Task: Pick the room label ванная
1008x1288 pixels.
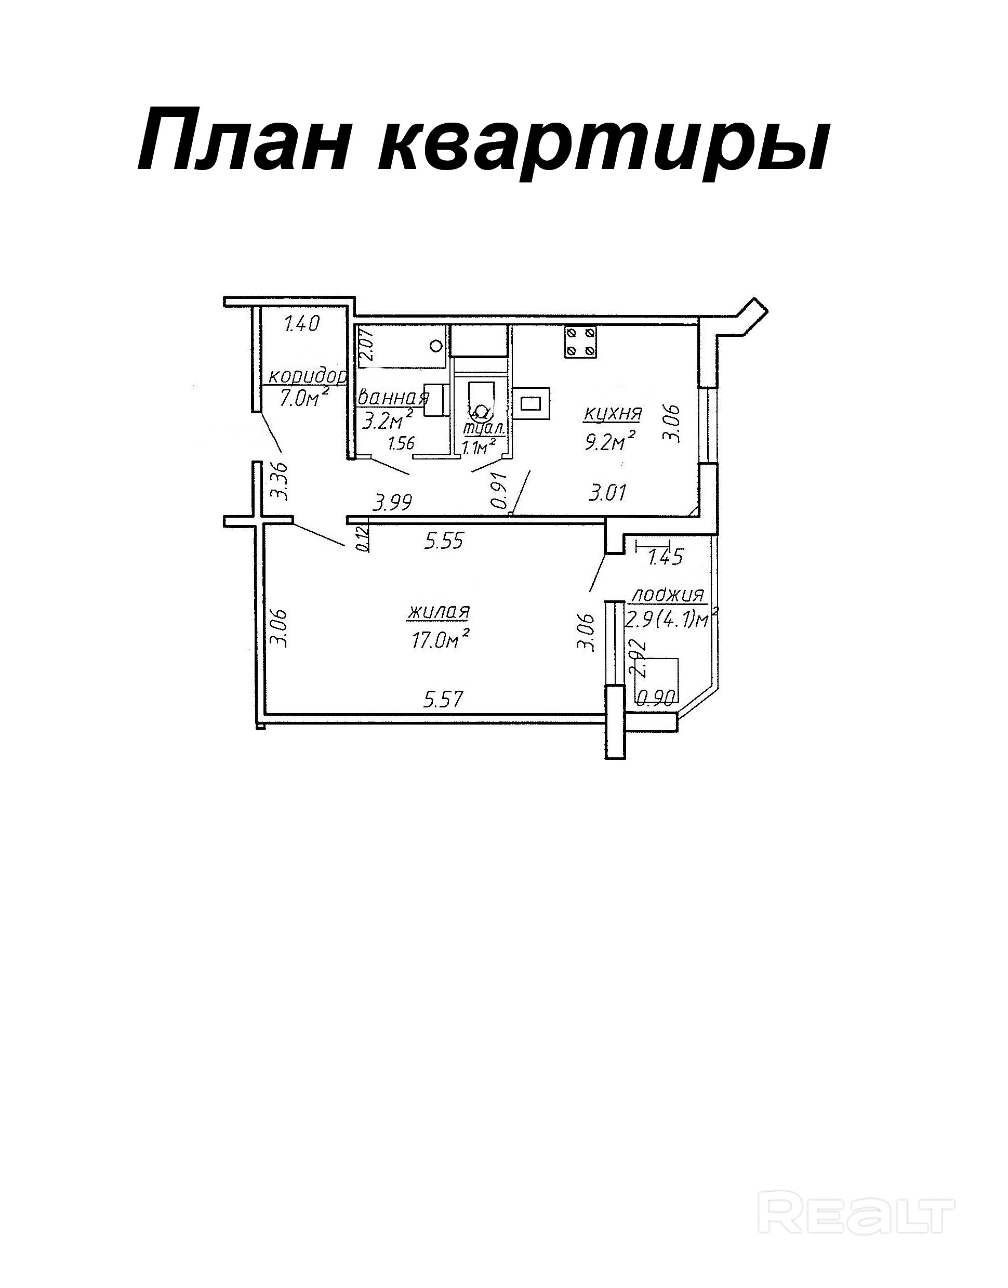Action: pyautogui.click(x=393, y=397)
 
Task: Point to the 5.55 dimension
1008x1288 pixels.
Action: pyautogui.click(x=444, y=541)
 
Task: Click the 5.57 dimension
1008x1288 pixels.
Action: pyautogui.click(x=444, y=700)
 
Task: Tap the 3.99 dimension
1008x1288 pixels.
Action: pyautogui.click(x=393, y=503)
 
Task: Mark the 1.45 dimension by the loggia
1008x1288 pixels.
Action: pyautogui.click(x=665, y=557)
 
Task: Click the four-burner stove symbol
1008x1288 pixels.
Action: pyautogui.click(x=581, y=342)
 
